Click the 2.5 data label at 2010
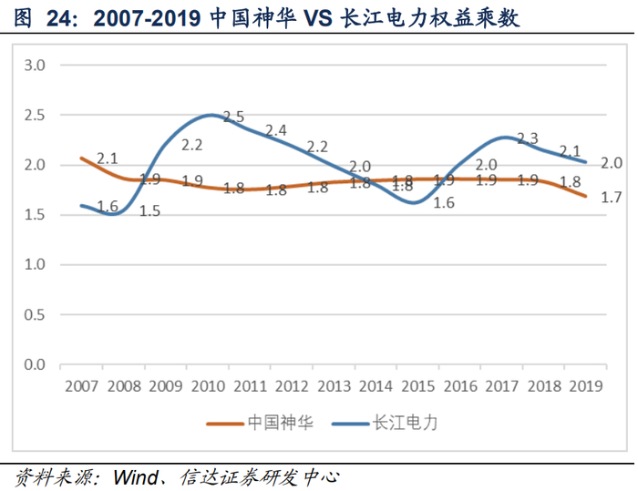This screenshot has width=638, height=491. (x=234, y=117)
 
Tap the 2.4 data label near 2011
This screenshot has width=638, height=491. (x=276, y=130)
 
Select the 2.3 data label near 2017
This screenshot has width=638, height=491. (x=527, y=138)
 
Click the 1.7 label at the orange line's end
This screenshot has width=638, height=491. (x=611, y=196)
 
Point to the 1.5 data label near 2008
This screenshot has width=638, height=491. (x=149, y=211)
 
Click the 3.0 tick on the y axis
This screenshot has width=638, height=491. (x=35, y=66)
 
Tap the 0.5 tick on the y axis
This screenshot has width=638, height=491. (x=35, y=314)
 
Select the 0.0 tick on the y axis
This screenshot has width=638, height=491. (x=35, y=364)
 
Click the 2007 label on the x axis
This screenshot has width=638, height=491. (x=81, y=385)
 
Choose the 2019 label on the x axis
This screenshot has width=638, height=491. (x=584, y=385)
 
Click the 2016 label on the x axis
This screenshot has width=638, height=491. (x=458, y=385)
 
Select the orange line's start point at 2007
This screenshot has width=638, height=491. (x=81, y=158)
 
